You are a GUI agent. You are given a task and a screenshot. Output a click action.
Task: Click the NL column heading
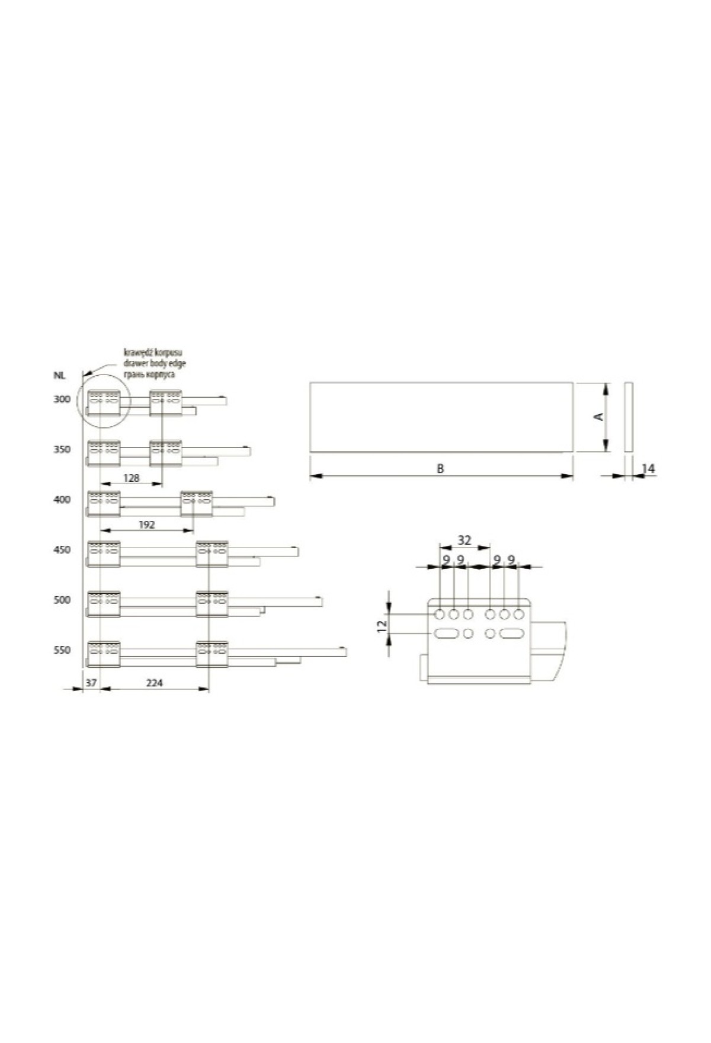(x=59, y=376)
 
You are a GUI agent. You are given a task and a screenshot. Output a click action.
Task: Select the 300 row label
(x=62, y=399)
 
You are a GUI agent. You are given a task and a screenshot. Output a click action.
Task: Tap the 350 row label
(x=62, y=450)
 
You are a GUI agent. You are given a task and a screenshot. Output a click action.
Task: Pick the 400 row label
(x=62, y=500)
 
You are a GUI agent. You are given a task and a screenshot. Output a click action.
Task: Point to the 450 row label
(x=62, y=550)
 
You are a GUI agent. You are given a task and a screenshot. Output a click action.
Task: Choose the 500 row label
(x=62, y=600)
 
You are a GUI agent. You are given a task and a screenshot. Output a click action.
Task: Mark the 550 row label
(x=62, y=650)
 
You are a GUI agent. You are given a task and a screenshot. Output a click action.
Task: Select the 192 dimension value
(x=146, y=524)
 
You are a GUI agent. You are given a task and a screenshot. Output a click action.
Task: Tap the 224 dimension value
(x=154, y=683)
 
